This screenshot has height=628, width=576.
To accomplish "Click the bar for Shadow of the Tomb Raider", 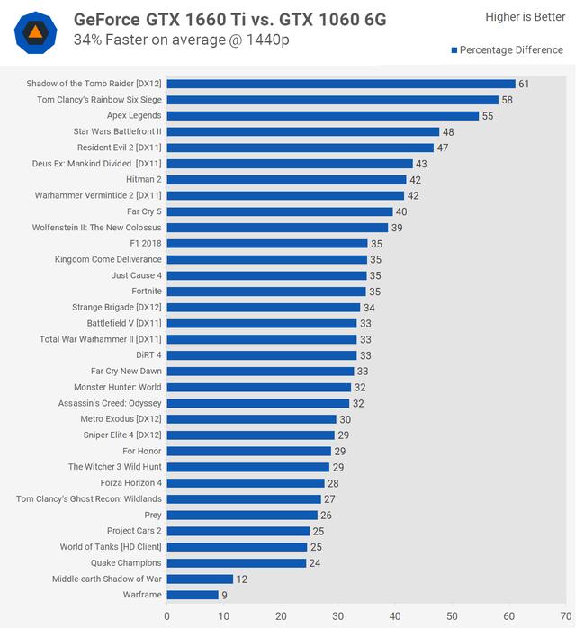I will click(x=340, y=84).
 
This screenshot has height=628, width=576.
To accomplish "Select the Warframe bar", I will click(x=193, y=595).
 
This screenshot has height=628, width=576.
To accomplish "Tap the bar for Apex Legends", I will click(x=322, y=115).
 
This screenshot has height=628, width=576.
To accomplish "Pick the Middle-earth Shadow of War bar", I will click(x=200, y=579).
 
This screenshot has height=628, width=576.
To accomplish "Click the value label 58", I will click(x=508, y=100).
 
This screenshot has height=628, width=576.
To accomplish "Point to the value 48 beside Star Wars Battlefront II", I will click(x=448, y=131).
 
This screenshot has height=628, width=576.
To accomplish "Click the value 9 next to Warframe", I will click(x=225, y=595).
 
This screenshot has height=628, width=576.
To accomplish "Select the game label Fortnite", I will click(x=147, y=292).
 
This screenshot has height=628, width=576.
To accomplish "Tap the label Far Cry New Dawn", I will click(x=126, y=372).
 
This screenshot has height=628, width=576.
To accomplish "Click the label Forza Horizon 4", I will click(x=125, y=483).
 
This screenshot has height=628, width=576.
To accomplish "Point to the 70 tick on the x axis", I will click(x=565, y=616).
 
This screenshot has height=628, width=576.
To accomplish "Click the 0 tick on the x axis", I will click(x=166, y=616).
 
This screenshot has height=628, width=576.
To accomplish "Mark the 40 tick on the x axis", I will click(x=394, y=616).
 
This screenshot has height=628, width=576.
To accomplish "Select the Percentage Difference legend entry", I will click(x=508, y=50).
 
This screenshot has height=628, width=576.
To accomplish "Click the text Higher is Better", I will click(x=525, y=17).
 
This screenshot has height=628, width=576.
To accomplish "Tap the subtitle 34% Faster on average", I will click(x=181, y=40).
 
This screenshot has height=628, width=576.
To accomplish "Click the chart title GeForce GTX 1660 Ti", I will click(x=229, y=18).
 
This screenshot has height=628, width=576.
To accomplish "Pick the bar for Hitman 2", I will click(x=285, y=179).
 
